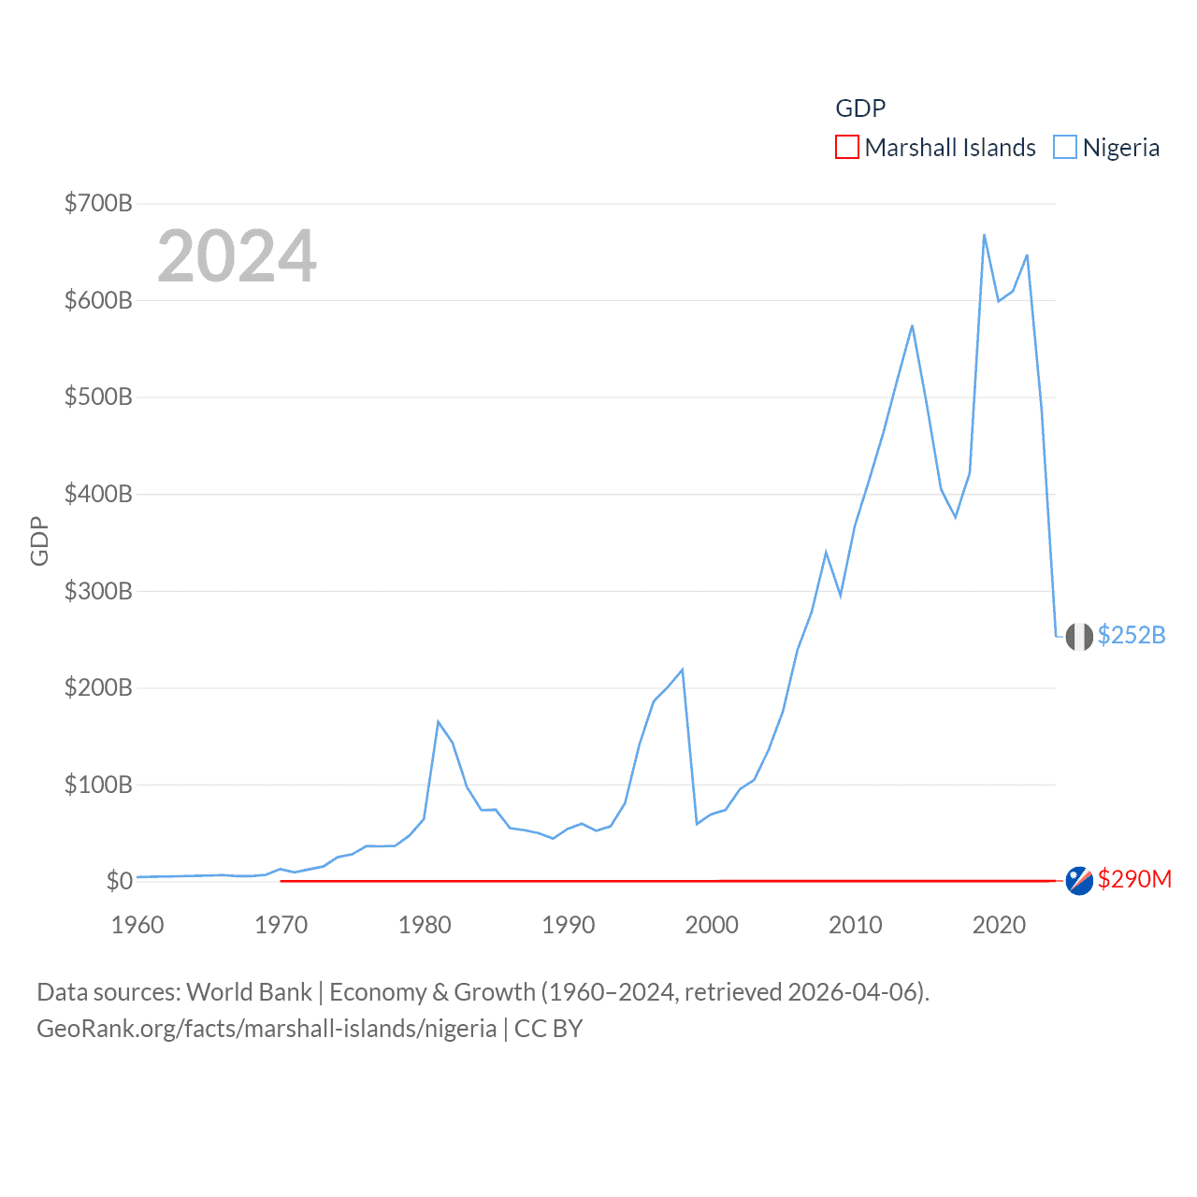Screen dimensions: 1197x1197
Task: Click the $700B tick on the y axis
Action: pyautogui.click(x=98, y=203)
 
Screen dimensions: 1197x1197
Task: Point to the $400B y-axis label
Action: pyautogui.click(x=98, y=494)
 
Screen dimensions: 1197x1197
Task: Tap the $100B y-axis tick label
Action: pyautogui.click(x=98, y=785)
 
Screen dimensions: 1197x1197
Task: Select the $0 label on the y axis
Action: pyautogui.click(x=119, y=881)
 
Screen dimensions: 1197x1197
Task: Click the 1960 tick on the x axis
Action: pyautogui.click(x=137, y=925)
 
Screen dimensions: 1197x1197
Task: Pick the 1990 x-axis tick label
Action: pyautogui.click(x=569, y=925)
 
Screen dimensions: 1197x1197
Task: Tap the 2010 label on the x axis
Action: pyautogui.click(x=856, y=925)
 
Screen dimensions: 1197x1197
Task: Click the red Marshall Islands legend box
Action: pyautogui.click(x=846, y=148)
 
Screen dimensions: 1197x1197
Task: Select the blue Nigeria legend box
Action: pyautogui.click(x=1064, y=148)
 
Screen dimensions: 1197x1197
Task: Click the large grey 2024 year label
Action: pyautogui.click(x=237, y=256)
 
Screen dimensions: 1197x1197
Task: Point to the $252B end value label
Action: pyautogui.click(x=1132, y=635)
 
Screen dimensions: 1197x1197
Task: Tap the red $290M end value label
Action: pyautogui.click(x=1134, y=879)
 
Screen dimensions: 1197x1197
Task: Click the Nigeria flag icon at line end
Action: pyautogui.click(x=1079, y=637)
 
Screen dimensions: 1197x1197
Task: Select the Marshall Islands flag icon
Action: pyautogui.click(x=1079, y=881)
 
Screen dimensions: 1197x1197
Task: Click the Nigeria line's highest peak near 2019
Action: pyautogui.click(x=984, y=235)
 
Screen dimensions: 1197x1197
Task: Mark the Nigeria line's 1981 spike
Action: pyautogui.click(x=438, y=721)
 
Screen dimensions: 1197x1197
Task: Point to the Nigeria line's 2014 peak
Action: pyautogui.click(x=912, y=325)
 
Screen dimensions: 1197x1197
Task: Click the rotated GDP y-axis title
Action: pyautogui.click(x=39, y=541)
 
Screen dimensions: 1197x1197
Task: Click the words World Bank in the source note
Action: pyautogui.click(x=250, y=991)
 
